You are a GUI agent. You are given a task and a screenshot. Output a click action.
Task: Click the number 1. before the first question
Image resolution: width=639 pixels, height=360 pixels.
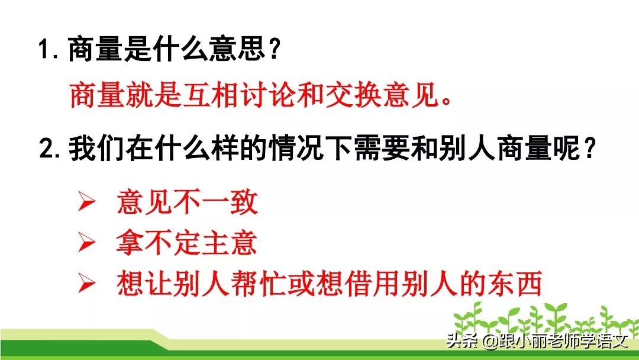click(x=49, y=50)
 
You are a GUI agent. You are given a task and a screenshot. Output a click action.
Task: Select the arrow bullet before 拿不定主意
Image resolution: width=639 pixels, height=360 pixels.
click(x=87, y=243)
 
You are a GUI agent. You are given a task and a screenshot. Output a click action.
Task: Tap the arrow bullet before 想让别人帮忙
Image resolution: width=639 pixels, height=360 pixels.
click(x=87, y=285)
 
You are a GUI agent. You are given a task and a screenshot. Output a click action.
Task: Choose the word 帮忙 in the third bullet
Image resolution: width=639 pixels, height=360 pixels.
click(x=281, y=284)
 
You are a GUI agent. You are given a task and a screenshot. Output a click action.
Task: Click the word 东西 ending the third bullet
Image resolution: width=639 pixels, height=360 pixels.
click(x=520, y=284)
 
